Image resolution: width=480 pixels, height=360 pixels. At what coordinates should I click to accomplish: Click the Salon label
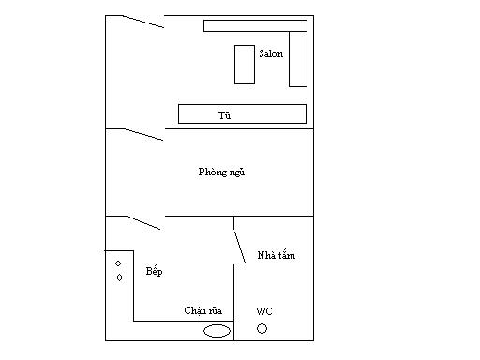271,53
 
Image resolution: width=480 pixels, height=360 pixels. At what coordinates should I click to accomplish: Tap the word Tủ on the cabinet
224,115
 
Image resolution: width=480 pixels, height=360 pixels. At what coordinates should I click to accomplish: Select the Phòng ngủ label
221,172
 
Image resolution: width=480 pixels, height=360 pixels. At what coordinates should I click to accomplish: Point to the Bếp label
154,271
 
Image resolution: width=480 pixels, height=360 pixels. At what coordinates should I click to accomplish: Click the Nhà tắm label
277,255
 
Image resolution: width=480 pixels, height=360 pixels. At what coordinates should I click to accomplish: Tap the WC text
264,311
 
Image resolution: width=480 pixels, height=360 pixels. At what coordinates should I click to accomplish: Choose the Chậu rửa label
203,310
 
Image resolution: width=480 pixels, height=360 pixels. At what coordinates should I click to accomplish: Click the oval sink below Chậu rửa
217,331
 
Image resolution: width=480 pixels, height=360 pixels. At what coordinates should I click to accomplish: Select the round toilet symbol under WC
262,328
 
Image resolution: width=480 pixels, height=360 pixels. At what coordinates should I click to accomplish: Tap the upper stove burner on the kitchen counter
118,263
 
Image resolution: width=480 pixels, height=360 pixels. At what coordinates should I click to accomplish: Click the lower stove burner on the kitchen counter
119,277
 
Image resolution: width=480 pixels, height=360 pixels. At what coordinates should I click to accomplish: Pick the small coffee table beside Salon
245,65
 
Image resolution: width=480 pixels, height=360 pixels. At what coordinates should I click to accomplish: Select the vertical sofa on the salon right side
298,59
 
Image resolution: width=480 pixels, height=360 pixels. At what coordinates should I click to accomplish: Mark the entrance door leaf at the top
143,22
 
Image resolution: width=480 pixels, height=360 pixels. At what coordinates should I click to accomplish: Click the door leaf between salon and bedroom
144,134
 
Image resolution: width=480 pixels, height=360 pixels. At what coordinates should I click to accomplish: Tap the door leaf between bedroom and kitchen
143,222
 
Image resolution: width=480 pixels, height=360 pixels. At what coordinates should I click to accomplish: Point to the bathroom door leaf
240,247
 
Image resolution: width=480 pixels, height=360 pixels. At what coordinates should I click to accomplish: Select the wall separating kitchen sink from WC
234,303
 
